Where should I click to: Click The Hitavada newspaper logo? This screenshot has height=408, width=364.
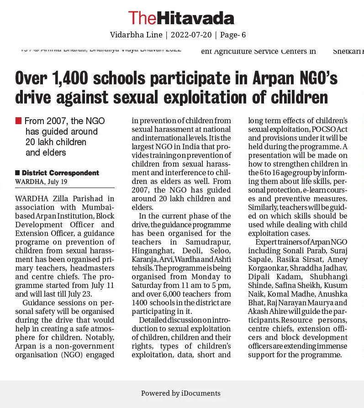tap(181, 18)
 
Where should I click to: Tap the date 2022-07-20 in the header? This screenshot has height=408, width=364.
tap(192, 35)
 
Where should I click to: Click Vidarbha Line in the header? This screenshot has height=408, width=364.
tap(136, 35)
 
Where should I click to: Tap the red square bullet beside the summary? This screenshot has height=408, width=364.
tap(18, 121)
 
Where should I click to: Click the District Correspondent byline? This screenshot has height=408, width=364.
tap(60, 173)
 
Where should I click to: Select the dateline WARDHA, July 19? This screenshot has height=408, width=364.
tap(41, 182)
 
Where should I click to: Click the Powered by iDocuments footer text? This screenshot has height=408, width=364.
tap(181, 393)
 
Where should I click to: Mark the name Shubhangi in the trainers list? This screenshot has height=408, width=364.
tap(328, 277)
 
